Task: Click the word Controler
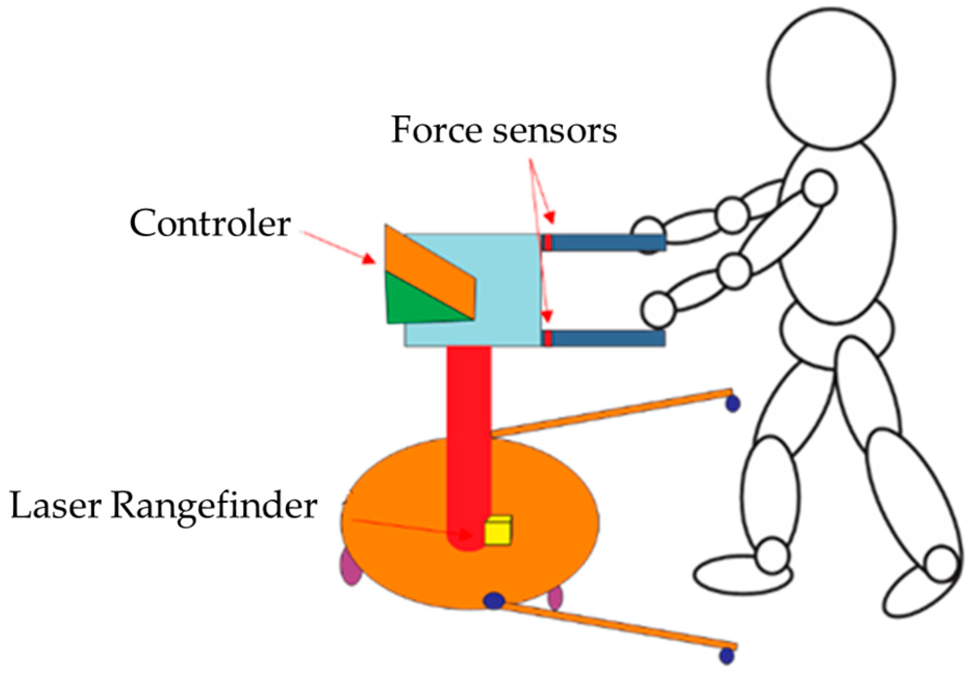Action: click(x=210, y=224)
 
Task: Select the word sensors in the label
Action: click(x=555, y=131)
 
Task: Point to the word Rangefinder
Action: click(x=214, y=506)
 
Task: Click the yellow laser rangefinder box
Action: click(x=498, y=531)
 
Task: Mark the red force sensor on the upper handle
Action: click(x=547, y=243)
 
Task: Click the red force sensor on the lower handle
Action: click(x=547, y=338)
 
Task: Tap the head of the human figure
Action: click(x=832, y=78)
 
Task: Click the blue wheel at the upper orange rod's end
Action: click(x=733, y=403)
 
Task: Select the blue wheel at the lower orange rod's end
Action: click(x=727, y=655)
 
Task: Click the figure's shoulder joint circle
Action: click(x=819, y=188)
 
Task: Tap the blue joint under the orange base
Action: click(x=494, y=601)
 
